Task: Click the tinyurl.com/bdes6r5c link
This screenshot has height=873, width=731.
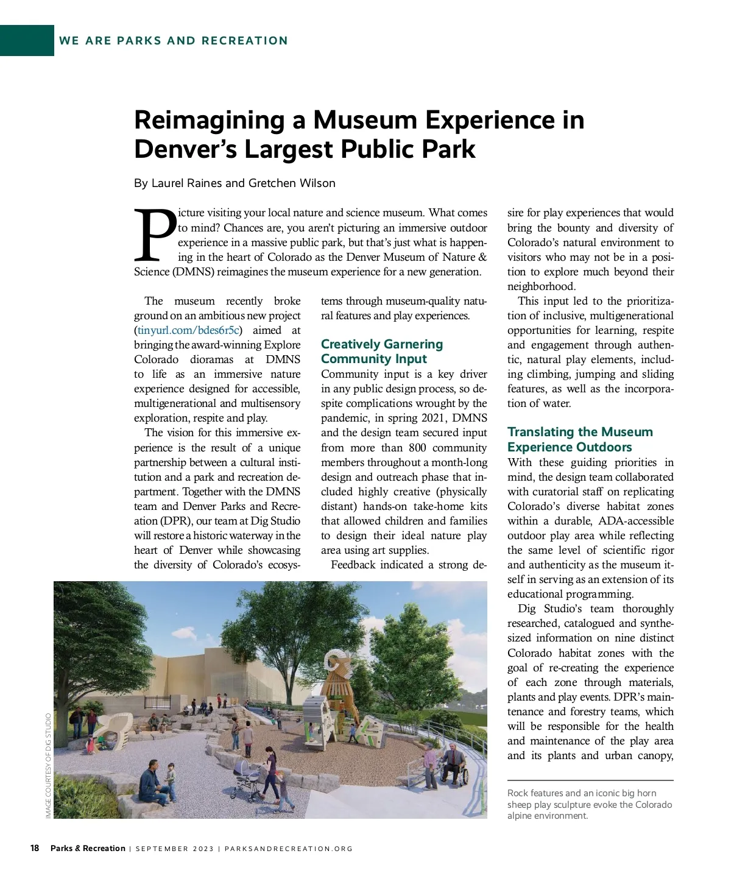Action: pyautogui.click(x=188, y=330)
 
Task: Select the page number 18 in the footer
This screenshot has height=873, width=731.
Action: pyautogui.click(x=35, y=848)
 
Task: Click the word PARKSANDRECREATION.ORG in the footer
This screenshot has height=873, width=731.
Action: pyautogui.click(x=289, y=849)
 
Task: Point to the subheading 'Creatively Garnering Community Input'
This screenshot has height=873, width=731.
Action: pyautogui.click(x=381, y=352)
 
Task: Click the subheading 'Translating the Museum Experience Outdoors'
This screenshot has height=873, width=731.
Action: pyautogui.click(x=579, y=439)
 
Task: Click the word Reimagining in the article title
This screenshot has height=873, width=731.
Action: pyautogui.click(x=209, y=120)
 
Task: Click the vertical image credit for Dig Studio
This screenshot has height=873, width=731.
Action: pyautogui.click(x=49, y=765)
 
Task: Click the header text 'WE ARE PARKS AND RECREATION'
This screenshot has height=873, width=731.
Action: pyautogui.click(x=174, y=41)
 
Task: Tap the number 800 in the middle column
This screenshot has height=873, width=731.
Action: pyautogui.click(x=417, y=448)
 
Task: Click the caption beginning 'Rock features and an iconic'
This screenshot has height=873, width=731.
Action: pyautogui.click(x=589, y=804)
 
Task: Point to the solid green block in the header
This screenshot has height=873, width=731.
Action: pyautogui.click(x=27, y=40)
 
